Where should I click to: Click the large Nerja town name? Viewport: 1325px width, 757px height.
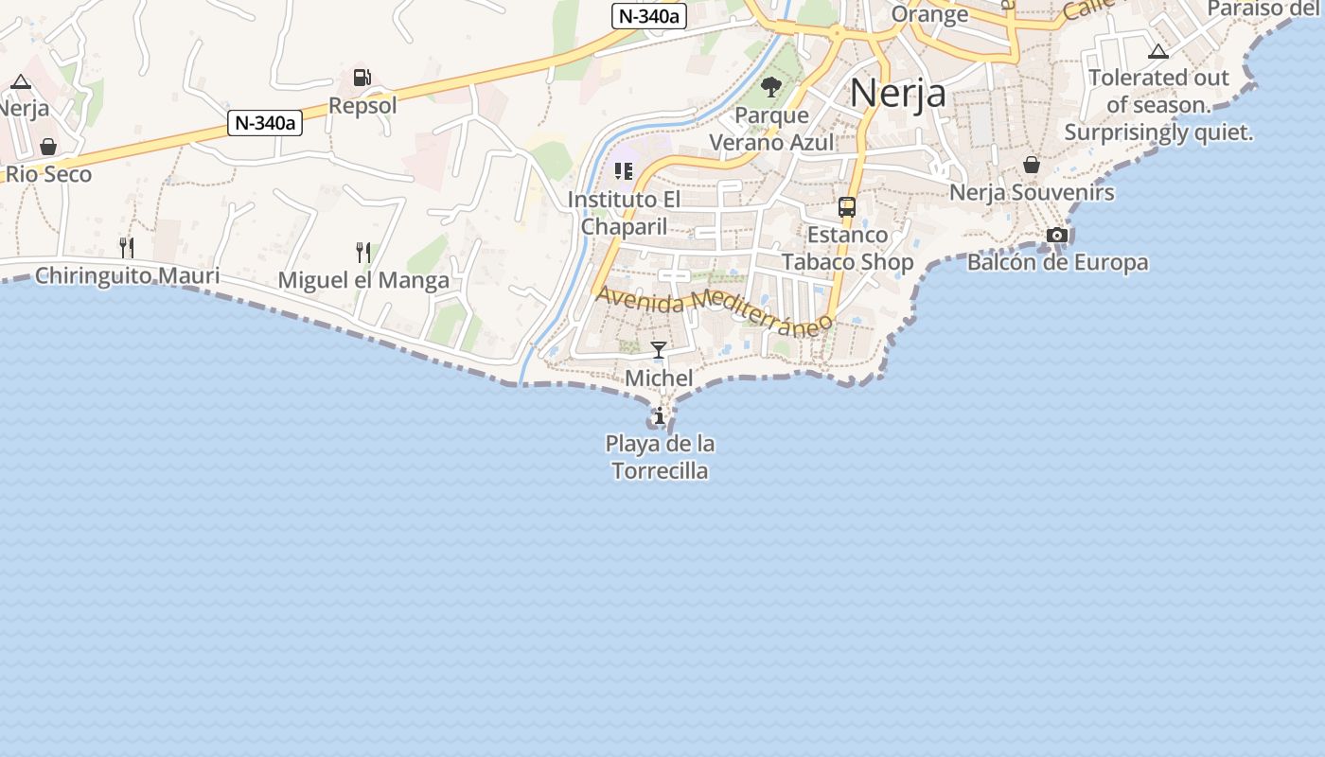click(x=897, y=93)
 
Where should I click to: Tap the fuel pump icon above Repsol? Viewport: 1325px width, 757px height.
click(x=362, y=78)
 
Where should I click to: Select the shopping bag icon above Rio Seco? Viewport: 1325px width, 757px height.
click(x=48, y=147)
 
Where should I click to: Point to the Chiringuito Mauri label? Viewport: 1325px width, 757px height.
click(x=127, y=276)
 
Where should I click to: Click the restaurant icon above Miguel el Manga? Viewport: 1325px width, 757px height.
click(x=363, y=252)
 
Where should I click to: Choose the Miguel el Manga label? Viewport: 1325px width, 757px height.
click(x=363, y=281)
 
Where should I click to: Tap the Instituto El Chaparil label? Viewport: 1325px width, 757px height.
click(x=624, y=213)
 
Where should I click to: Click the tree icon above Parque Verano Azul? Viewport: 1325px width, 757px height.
click(x=771, y=88)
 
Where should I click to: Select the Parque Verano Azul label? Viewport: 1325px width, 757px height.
click(x=772, y=130)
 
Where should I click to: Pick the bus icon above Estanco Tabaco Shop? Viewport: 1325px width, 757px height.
click(x=847, y=207)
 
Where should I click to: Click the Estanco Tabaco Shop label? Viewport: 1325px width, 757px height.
click(x=848, y=249)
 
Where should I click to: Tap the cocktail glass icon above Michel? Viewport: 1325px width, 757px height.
click(x=659, y=350)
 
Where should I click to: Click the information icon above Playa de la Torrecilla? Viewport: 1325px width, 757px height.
click(x=659, y=415)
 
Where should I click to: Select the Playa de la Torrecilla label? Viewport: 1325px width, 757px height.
click(x=660, y=457)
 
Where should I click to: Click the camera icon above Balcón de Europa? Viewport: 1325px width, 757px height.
click(x=1057, y=235)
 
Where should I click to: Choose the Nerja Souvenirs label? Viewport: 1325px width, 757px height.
click(x=1032, y=193)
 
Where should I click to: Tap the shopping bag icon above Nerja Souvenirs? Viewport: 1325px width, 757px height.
click(x=1032, y=166)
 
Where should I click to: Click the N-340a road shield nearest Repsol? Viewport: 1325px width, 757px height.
click(x=265, y=123)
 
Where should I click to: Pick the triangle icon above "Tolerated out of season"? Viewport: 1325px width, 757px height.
click(x=1157, y=51)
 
